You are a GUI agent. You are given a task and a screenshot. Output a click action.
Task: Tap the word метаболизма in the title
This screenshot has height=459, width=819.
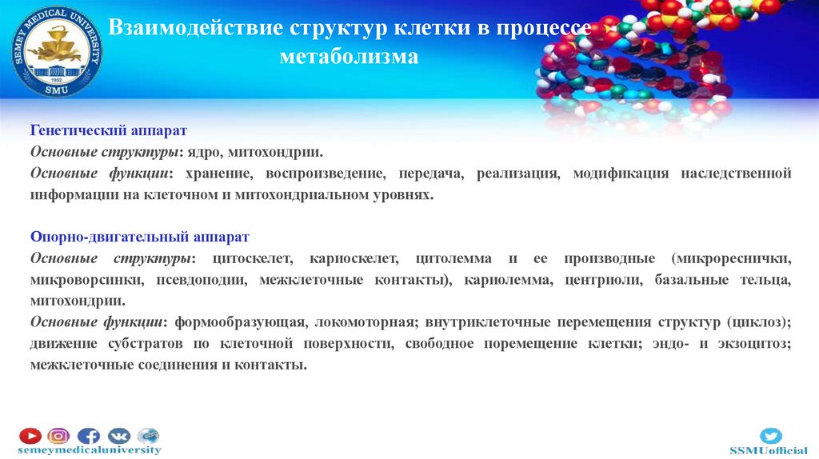pyautogui.click(x=349, y=57)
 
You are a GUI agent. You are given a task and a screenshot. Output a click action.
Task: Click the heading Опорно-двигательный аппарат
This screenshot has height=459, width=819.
pyautogui.click(x=140, y=237)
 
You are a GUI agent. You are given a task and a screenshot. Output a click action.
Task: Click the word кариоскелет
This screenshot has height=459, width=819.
pyautogui.click(x=357, y=259)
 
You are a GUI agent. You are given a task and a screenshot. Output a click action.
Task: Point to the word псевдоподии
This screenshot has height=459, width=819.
pyautogui.click(x=192, y=281)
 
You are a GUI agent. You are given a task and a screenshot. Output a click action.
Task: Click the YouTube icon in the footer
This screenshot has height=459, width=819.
pyautogui.click(x=30, y=436)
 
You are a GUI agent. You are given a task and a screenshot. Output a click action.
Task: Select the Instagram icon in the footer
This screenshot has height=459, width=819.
pyautogui.click(x=58, y=436)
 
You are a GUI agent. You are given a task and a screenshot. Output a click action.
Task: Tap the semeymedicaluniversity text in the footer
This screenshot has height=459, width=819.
pyautogui.click(x=90, y=450)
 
